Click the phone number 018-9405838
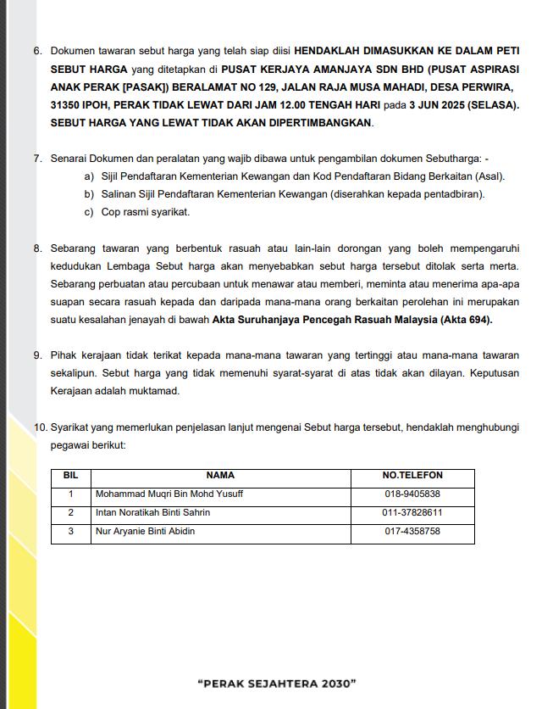point(412,494)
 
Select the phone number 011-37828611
point(412,513)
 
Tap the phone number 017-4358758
point(412,532)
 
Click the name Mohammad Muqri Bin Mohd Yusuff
point(169,494)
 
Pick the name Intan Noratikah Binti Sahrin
point(153,513)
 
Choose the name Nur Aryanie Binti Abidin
point(145,532)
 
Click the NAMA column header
point(220,476)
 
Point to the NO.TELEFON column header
point(412,476)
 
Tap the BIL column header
point(70,476)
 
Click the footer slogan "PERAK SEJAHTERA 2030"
point(276,683)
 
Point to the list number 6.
point(38,51)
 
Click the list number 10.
point(40,427)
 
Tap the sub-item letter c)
point(89,212)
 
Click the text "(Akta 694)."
point(466,320)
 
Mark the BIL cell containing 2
point(70,513)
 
